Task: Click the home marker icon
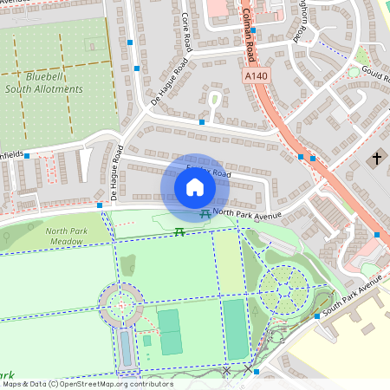[x=195, y=186]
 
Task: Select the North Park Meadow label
[x=67, y=237]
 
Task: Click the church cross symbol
[x=376, y=159]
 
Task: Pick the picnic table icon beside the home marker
[x=205, y=213]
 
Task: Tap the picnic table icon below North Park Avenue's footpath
[x=179, y=231]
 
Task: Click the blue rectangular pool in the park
[x=127, y=348]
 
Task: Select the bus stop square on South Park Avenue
[x=317, y=316]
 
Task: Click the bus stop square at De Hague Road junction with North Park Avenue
[x=100, y=205]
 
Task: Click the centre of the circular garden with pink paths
[x=120, y=304]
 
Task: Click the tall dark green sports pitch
[x=236, y=328]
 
